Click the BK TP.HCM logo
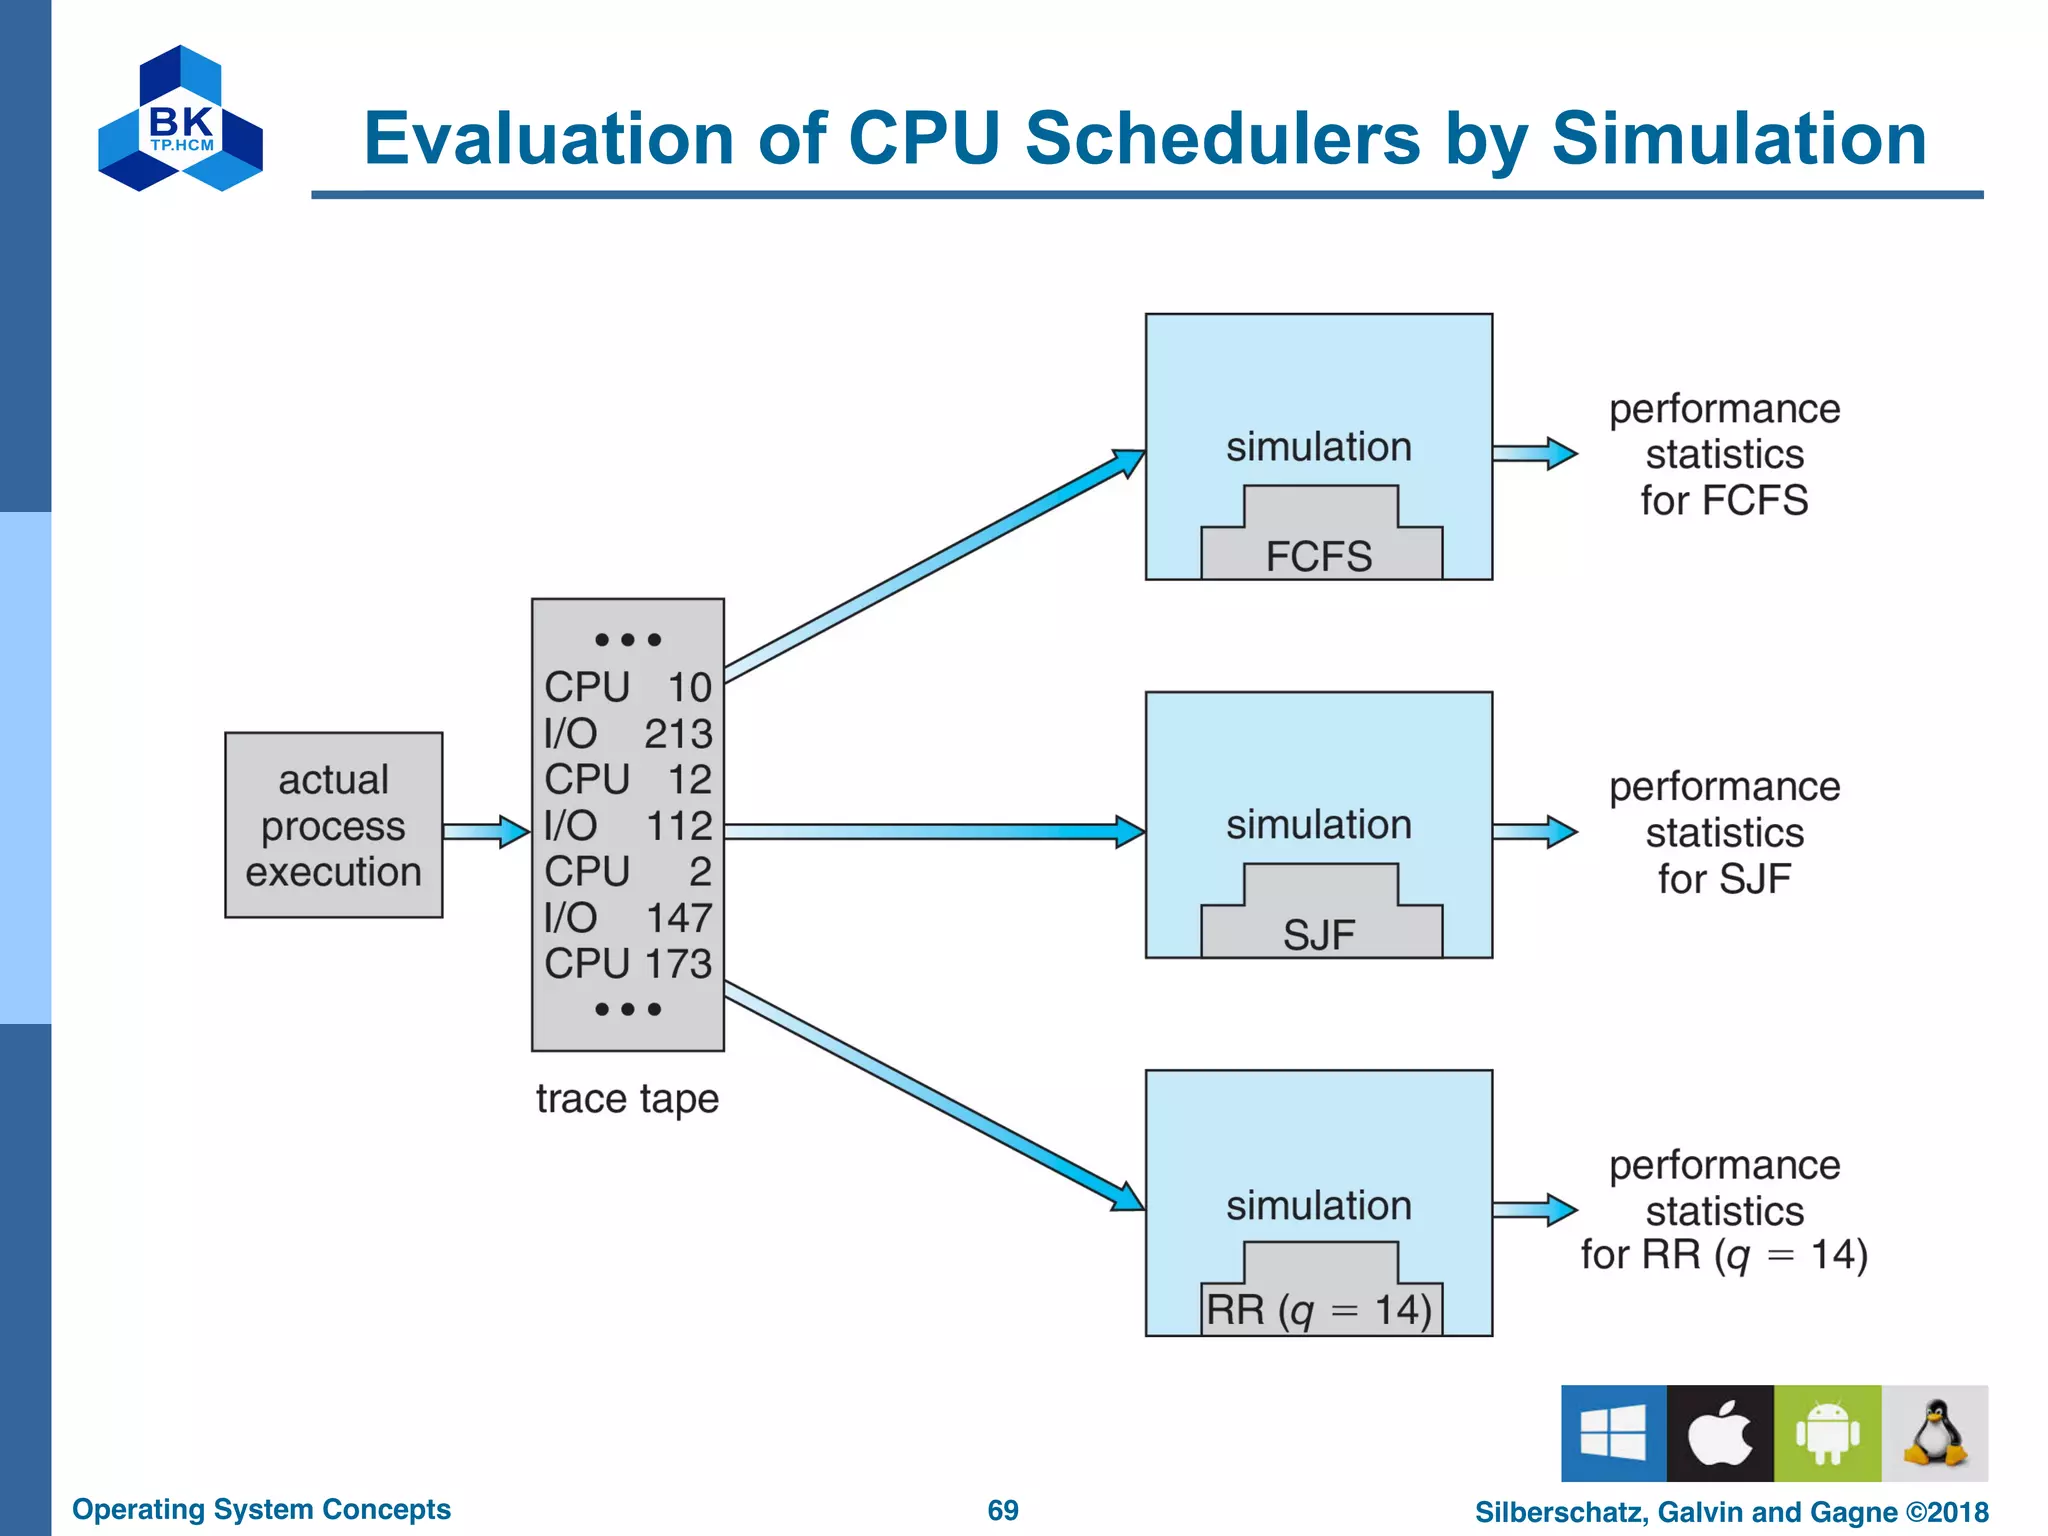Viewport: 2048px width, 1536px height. [x=181, y=118]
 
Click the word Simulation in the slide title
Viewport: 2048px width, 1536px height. [x=1738, y=138]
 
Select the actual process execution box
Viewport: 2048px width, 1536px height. [x=333, y=825]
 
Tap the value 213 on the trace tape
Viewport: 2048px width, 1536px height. [x=678, y=734]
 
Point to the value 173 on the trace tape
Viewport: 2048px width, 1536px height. [x=678, y=964]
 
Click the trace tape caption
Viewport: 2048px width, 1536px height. [x=627, y=1098]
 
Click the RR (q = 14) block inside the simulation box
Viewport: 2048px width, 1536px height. [x=1320, y=1300]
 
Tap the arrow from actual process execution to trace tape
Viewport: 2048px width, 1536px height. [x=485, y=831]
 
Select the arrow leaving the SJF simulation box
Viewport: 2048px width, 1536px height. [x=1534, y=831]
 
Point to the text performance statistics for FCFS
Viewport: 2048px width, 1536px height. [x=1724, y=455]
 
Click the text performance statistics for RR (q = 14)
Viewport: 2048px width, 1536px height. [x=1724, y=1210]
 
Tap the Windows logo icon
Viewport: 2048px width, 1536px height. [x=1613, y=1433]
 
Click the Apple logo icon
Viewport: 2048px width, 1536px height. [x=1720, y=1433]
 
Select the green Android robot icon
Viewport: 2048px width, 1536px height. [x=1827, y=1433]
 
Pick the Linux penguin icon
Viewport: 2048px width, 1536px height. [x=1935, y=1433]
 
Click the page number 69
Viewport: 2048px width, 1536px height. [x=1003, y=1510]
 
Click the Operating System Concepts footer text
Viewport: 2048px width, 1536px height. [x=261, y=1509]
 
